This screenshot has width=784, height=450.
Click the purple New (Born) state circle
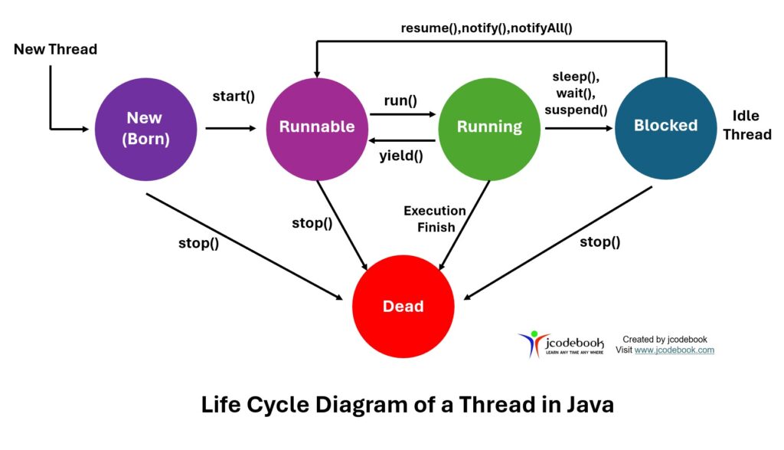pos(145,127)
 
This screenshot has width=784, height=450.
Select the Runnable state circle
pos(317,127)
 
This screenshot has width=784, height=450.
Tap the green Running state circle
pos(489,127)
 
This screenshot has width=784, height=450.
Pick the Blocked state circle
pos(665,126)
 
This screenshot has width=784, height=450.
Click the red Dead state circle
pos(403,306)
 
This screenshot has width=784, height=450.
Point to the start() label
pos(234,97)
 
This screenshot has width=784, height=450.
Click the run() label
pos(401,100)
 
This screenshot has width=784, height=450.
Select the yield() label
pos(401,156)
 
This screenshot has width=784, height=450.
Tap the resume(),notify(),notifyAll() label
pos(486,28)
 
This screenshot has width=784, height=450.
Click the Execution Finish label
pos(435,218)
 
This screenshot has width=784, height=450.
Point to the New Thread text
pos(56,50)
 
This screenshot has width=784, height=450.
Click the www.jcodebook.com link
pos(674,350)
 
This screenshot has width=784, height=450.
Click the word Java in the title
pos(586,404)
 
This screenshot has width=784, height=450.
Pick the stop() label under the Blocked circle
pos(599,242)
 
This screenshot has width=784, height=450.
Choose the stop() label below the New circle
pos(198,245)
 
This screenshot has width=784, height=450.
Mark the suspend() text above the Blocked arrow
pos(576,110)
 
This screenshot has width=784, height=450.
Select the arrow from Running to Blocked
pos(577,128)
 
